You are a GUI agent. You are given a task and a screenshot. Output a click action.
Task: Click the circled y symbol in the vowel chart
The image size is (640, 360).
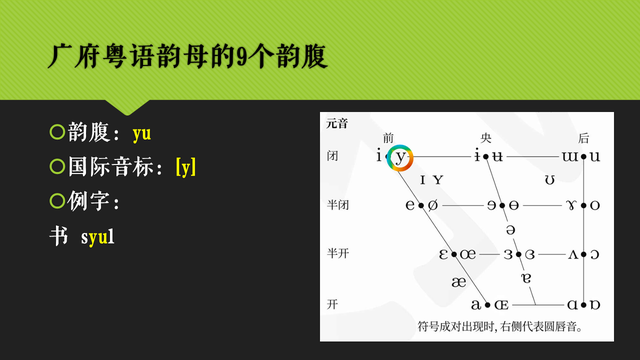pyautogui.click(x=400, y=157)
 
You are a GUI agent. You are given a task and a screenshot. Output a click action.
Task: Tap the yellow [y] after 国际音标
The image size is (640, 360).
pyautogui.click(x=185, y=168)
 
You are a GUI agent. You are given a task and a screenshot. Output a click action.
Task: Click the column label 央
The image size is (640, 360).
pyautogui.click(x=487, y=138)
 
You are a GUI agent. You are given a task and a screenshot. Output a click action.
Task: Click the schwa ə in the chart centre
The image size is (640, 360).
pyautogui.click(x=510, y=230)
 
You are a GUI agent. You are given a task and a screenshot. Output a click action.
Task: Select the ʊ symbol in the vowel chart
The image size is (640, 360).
pyautogui.click(x=550, y=180)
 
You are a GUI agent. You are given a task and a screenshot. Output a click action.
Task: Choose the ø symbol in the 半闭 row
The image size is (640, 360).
pyautogui.click(x=433, y=206)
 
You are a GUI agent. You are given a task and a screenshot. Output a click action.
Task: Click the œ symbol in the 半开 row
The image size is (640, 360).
pyautogui.click(x=467, y=254)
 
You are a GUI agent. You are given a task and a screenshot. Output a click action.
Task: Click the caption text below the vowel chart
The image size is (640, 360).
pyautogui.click(x=500, y=327)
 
